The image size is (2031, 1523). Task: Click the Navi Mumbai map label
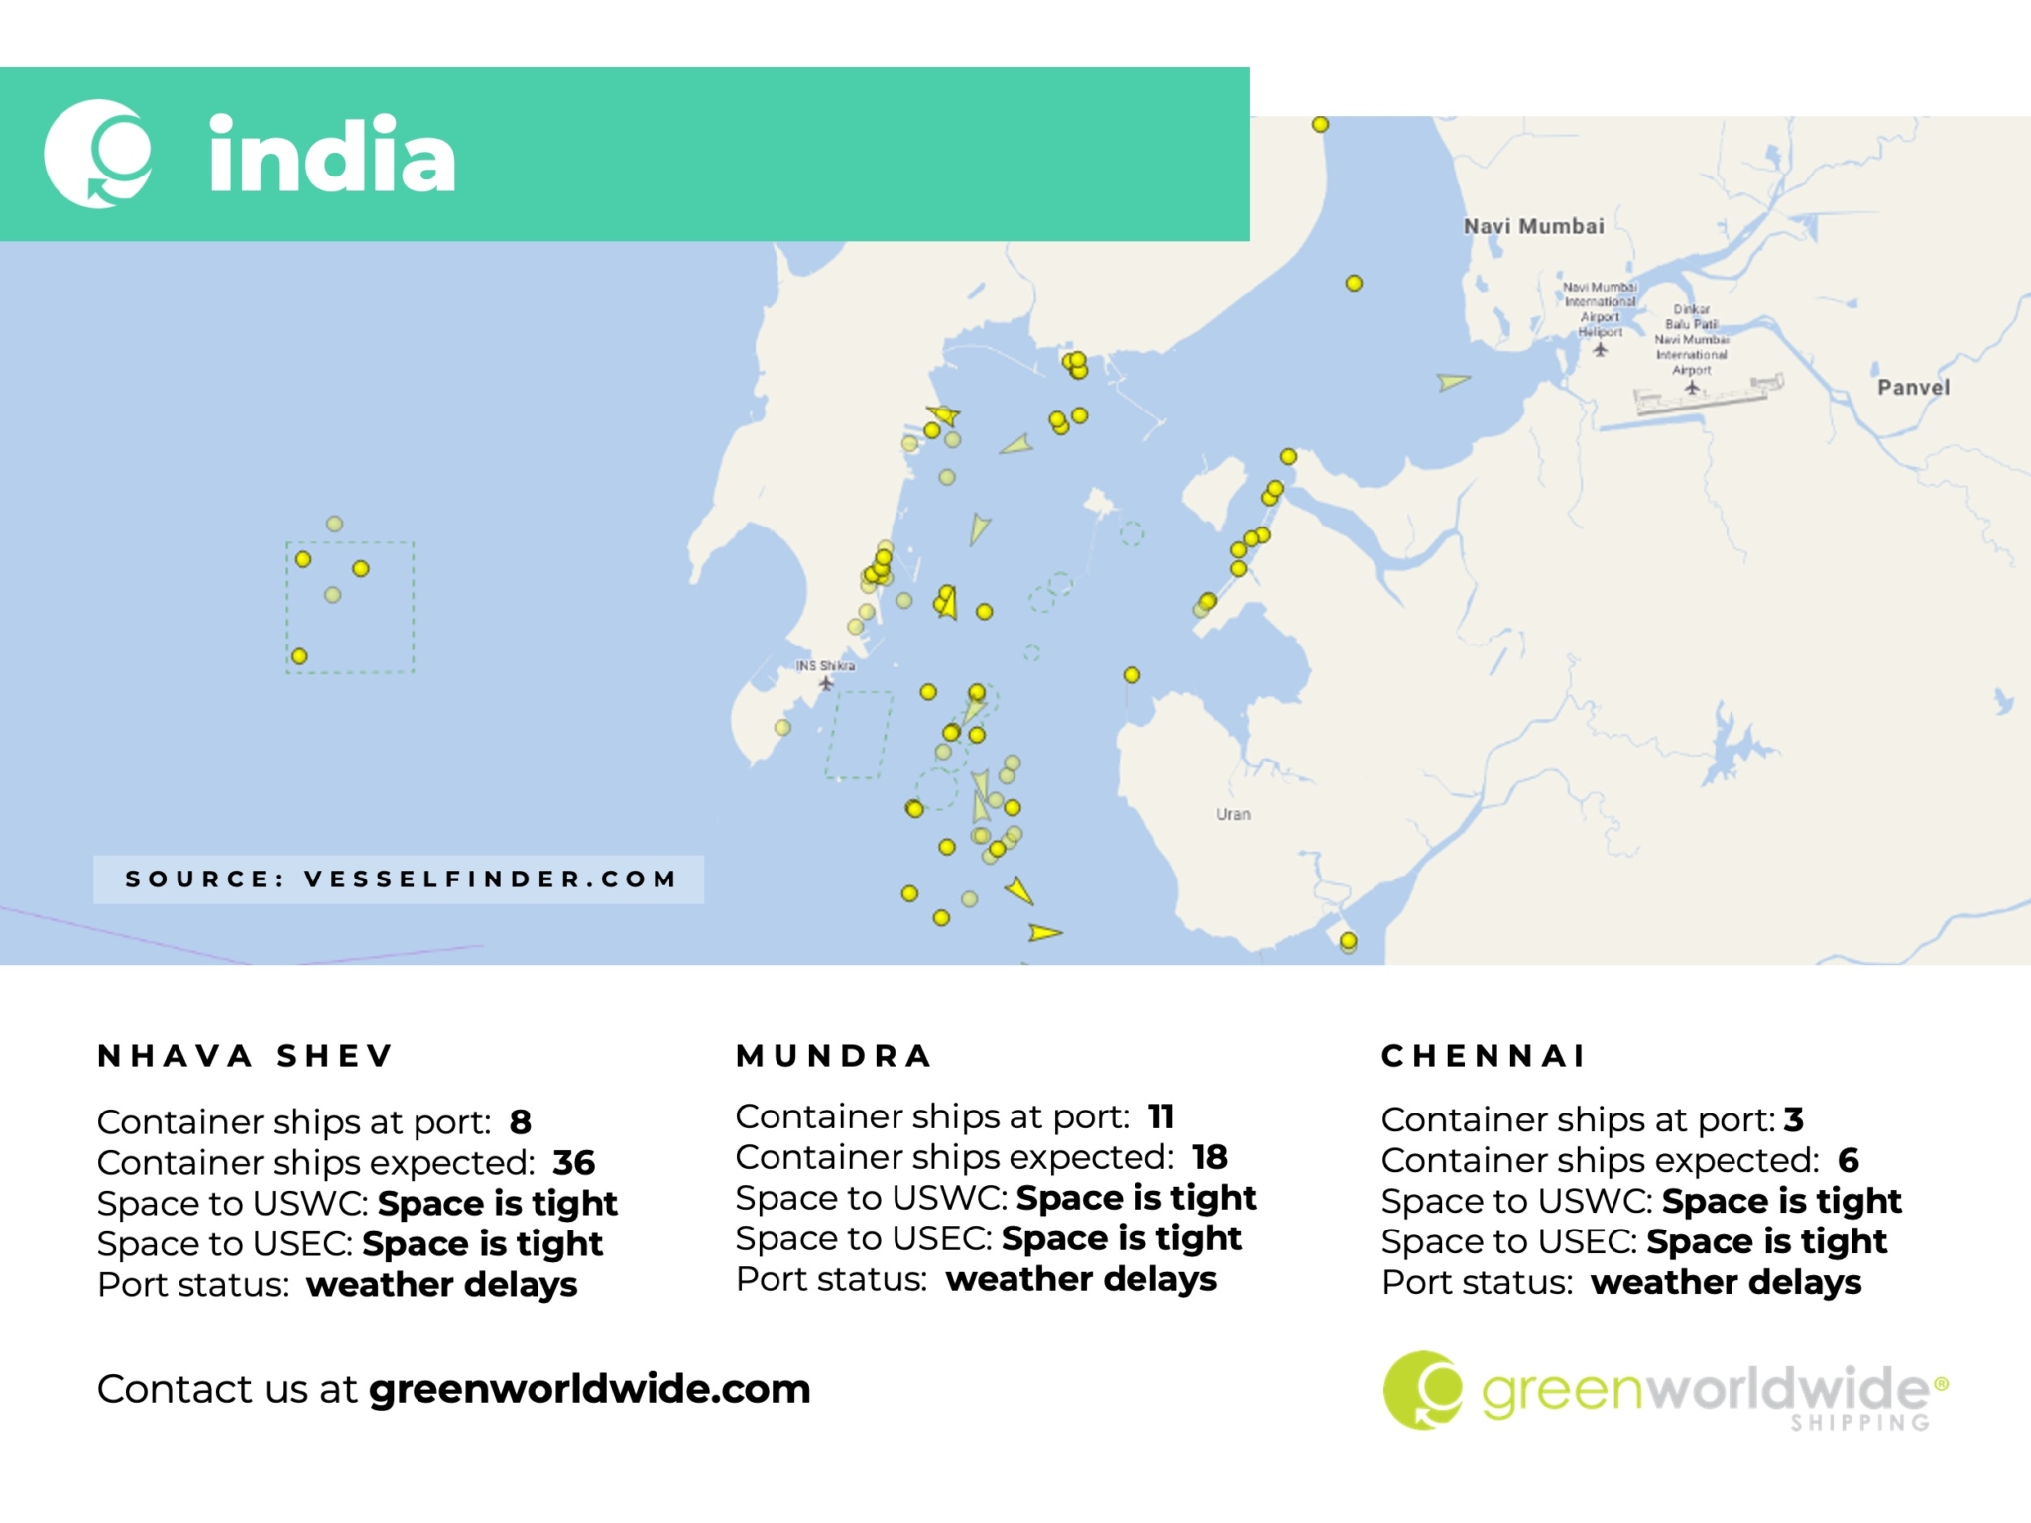(1533, 226)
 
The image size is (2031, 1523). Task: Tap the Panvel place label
(1912, 387)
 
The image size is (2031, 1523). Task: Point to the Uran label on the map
(1233, 814)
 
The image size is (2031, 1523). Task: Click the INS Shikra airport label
(825, 666)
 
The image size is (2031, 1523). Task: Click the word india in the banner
(331, 156)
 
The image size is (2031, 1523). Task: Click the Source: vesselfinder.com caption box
(399, 879)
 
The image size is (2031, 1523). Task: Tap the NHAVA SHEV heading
(246, 1056)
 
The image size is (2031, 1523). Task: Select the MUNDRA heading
(834, 1056)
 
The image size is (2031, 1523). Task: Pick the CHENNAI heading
(1484, 1056)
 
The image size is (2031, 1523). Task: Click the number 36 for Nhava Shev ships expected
(573, 1162)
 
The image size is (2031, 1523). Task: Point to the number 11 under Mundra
(1161, 1116)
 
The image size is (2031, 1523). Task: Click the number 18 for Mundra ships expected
(1209, 1157)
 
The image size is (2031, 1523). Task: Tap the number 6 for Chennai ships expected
(1848, 1160)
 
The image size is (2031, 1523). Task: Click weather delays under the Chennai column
(1726, 1282)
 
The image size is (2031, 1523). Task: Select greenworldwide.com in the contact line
(589, 1389)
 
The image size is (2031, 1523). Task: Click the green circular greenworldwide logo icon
(1422, 1389)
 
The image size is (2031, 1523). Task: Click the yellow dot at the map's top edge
(1320, 125)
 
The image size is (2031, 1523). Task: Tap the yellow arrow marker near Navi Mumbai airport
(1453, 381)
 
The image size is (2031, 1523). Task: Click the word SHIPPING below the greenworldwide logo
(1859, 1423)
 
